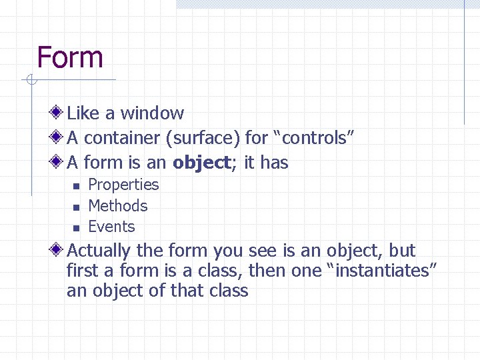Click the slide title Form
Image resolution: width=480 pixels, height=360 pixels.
click(x=70, y=57)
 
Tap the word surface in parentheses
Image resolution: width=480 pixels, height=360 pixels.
click(x=204, y=138)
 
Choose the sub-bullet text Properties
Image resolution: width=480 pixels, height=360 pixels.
click(x=123, y=185)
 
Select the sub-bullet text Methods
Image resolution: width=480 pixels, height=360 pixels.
click(x=117, y=206)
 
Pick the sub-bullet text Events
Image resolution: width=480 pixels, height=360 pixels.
click(x=111, y=227)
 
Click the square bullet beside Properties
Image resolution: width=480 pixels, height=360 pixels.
click(x=76, y=186)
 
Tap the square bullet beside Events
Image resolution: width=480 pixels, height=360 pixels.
click(x=76, y=228)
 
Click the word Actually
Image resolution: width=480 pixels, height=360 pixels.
click(x=99, y=251)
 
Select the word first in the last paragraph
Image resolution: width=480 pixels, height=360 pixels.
click(x=81, y=271)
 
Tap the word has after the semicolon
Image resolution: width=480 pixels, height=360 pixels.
click(x=274, y=163)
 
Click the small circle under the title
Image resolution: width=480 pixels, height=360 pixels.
click(x=31, y=80)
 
